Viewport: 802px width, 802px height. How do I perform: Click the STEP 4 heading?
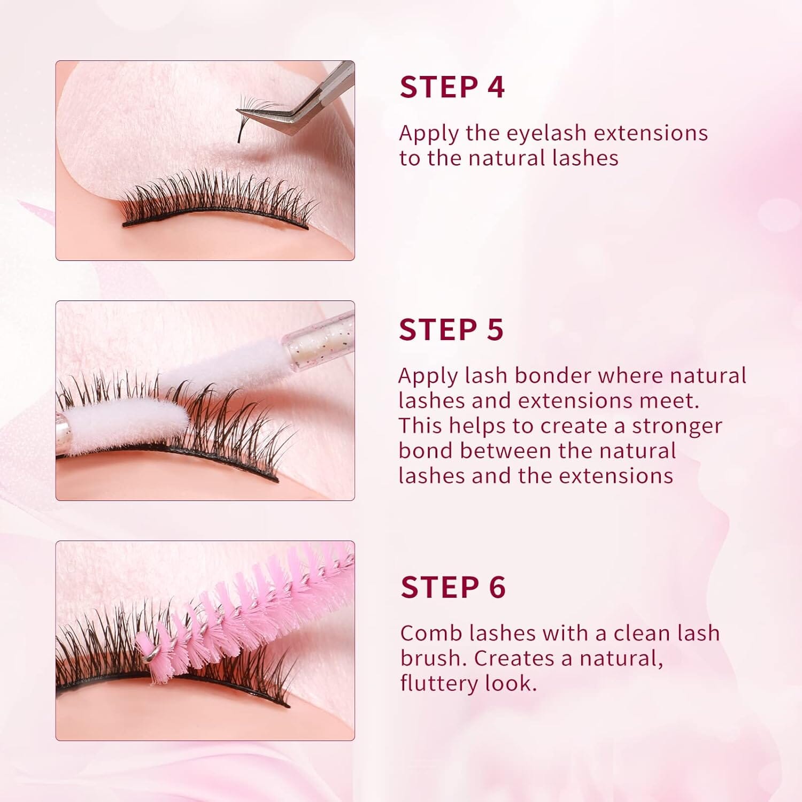point(452,87)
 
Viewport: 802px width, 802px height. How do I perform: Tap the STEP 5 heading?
point(451,329)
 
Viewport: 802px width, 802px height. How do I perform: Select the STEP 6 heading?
point(453,587)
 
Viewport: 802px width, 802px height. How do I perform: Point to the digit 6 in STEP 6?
point(497,587)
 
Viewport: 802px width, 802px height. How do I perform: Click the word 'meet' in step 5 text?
point(670,400)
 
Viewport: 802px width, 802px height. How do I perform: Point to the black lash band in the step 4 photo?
point(214,218)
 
